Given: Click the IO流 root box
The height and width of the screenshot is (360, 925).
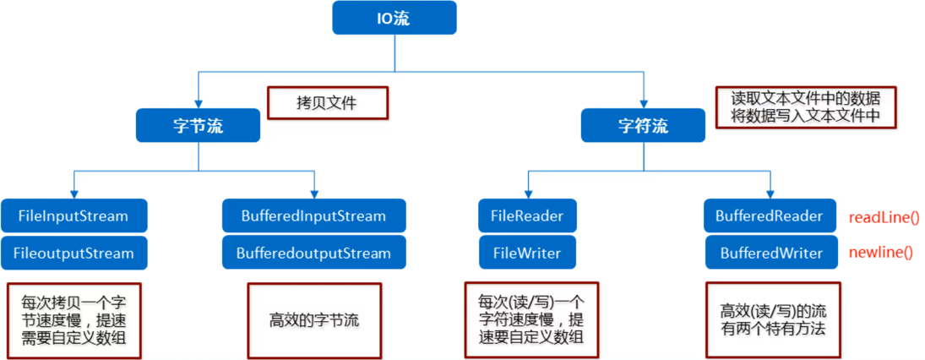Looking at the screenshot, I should [394, 18].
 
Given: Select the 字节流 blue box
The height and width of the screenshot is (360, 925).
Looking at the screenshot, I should [198, 126].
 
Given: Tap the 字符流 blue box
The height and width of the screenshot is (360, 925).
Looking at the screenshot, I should [643, 126].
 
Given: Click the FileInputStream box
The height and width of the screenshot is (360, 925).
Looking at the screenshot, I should [73, 216].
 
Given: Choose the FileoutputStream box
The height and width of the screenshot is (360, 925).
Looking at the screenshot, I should [73, 253].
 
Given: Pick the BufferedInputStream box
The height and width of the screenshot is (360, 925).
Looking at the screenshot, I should [314, 216].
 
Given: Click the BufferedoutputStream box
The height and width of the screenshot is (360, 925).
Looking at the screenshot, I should [314, 253].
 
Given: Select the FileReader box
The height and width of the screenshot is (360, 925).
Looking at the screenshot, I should [527, 216].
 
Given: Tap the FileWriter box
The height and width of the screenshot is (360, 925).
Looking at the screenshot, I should [527, 253].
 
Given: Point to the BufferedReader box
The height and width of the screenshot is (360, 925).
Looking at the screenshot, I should [770, 216].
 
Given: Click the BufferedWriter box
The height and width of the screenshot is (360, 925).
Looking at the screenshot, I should [770, 253].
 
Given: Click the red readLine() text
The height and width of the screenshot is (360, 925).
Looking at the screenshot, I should [884, 217].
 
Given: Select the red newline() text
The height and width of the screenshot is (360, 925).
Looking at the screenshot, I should [881, 253].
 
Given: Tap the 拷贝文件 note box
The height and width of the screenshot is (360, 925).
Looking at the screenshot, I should [327, 103].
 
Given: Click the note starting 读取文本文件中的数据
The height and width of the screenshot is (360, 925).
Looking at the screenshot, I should [803, 106].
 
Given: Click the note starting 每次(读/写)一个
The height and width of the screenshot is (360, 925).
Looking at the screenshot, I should [529, 320].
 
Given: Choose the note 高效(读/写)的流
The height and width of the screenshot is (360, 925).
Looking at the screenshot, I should [770, 320].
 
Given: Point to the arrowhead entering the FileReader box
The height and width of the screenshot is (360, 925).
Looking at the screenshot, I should [528, 194].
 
